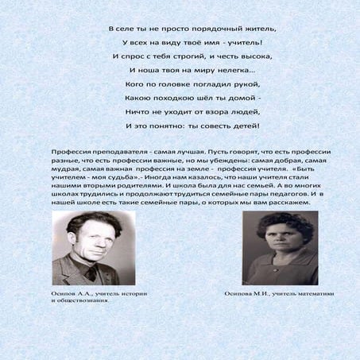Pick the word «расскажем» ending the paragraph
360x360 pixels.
[287, 203]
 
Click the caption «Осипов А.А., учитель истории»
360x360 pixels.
[99, 294]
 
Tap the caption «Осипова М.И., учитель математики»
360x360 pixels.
[278, 294]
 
